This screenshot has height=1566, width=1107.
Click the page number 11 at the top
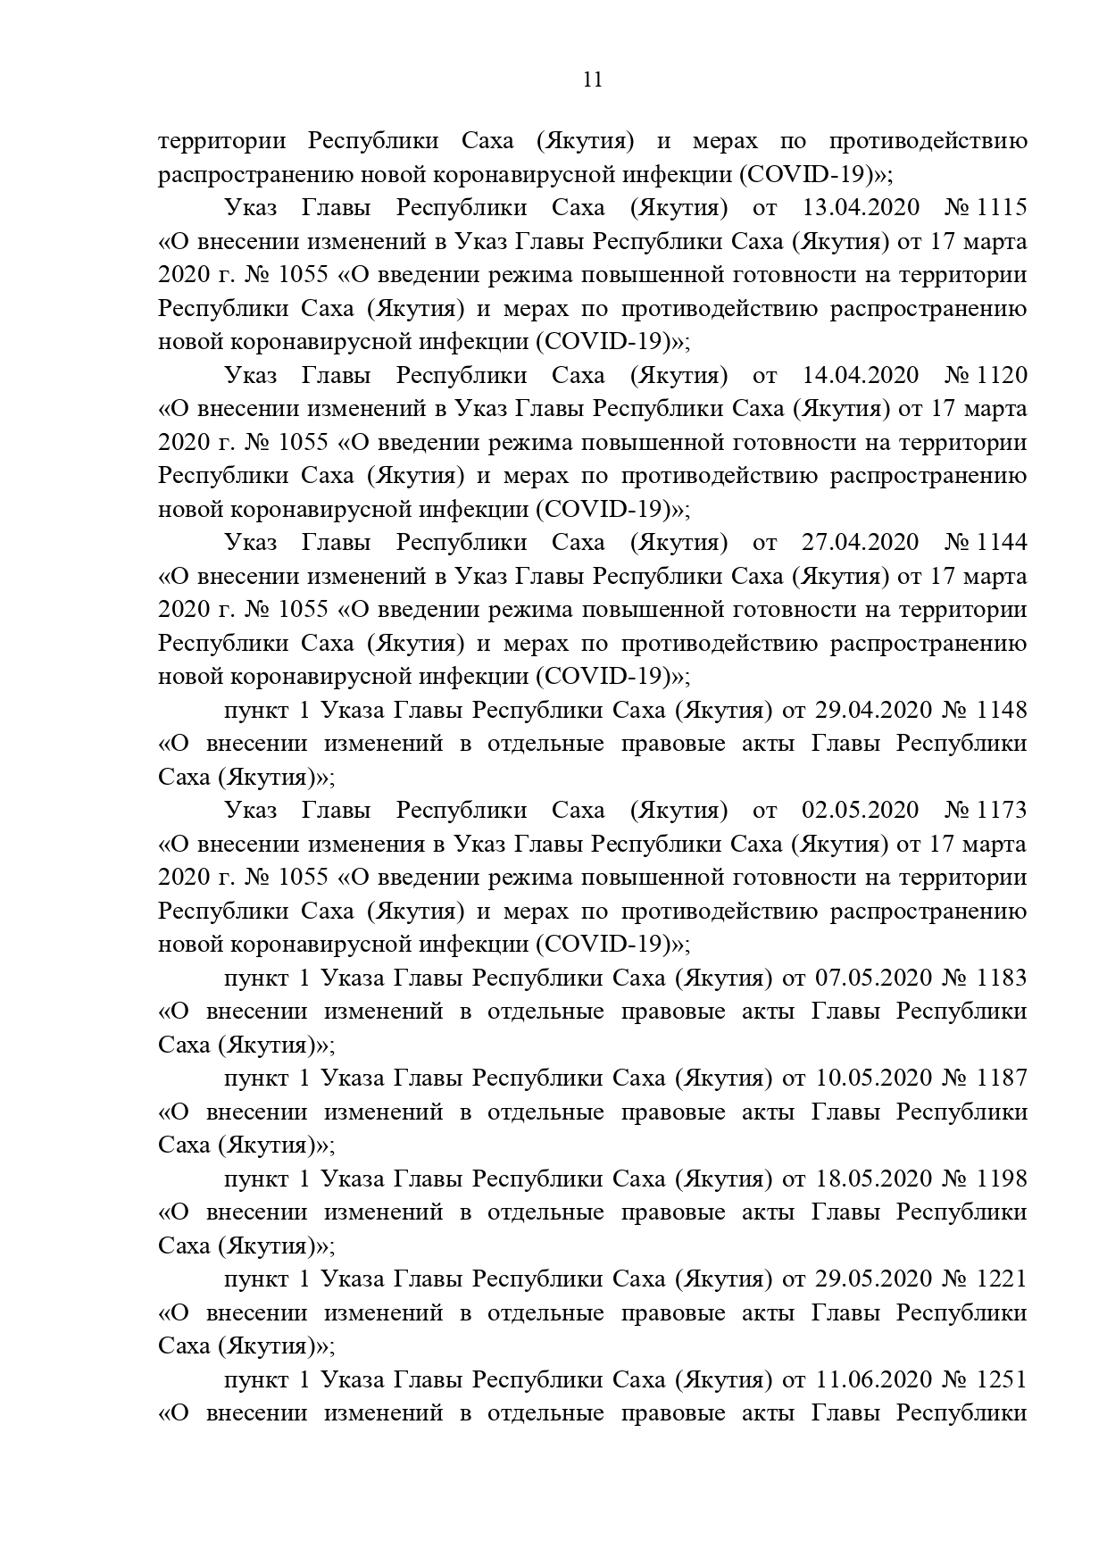[592, 80]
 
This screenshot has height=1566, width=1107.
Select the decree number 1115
[1003, 208]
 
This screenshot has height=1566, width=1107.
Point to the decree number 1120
[1003, 375]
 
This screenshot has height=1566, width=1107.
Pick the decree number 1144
[1003, 543]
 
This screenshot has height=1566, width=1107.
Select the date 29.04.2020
[873, 710]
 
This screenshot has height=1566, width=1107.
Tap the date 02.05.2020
[861, 811]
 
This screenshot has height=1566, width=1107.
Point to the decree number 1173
[1003, 811]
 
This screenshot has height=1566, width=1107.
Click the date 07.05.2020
[873, 978]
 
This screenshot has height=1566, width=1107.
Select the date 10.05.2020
[873, 1079]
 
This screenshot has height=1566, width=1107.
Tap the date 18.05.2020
[873, 1179]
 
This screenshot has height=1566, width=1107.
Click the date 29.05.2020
[873, 1279]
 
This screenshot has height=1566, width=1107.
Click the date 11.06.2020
[873, 1380]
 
